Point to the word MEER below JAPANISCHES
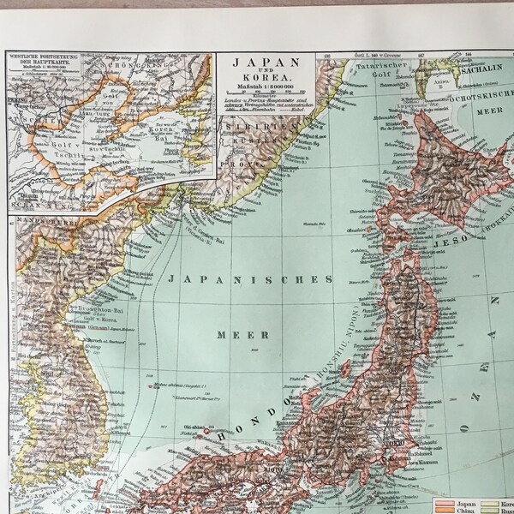click(x=250, y=334)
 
